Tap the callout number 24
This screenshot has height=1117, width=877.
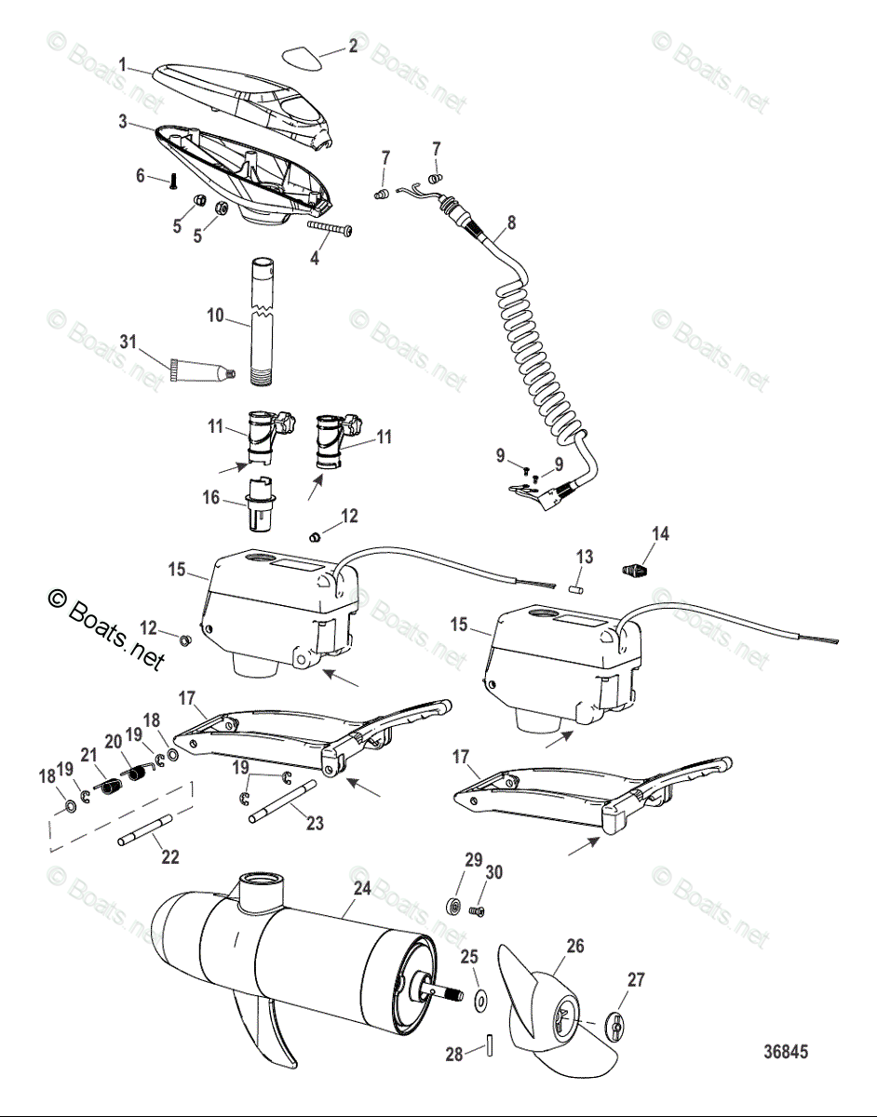(362, 888)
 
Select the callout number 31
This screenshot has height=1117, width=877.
(128, 342)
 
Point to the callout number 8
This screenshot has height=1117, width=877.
(511, 222)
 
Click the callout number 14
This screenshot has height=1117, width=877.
(661, 533)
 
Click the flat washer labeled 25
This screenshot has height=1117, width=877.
(482, 1001)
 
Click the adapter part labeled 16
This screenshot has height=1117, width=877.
(261, 505)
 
